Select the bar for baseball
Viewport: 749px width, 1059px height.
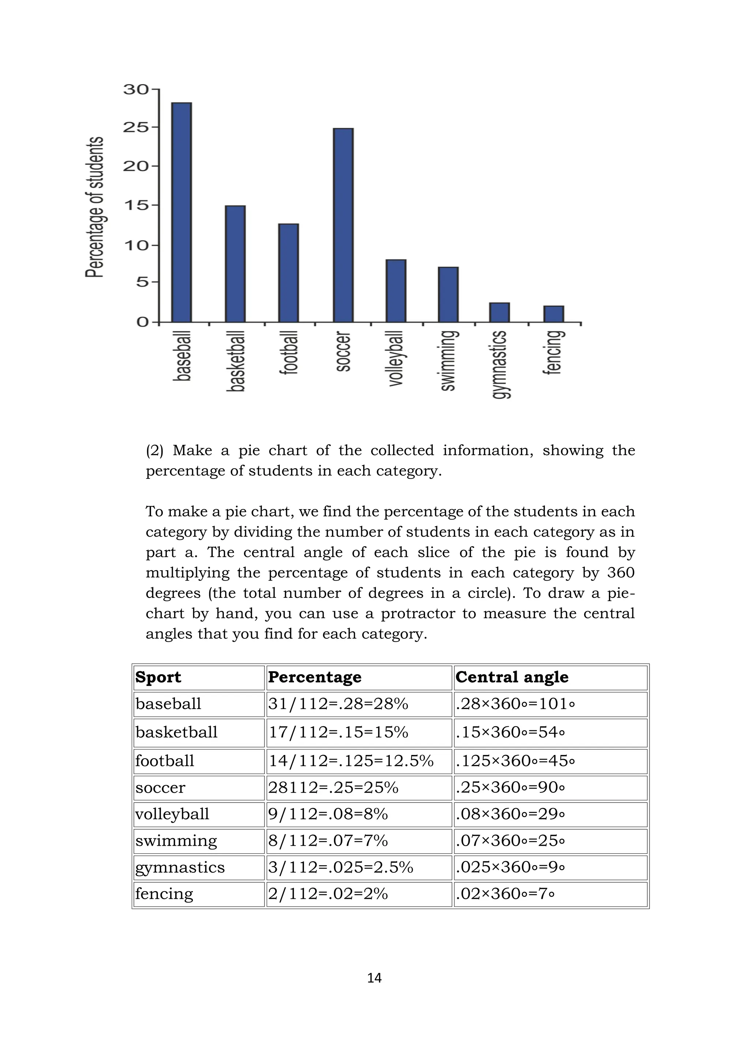[x=181, y=212]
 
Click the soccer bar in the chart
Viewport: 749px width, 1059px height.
[x=343, y=225]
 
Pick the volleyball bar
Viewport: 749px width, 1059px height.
[x=396, y=290]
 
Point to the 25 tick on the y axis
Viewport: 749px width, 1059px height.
[x=136, y=127]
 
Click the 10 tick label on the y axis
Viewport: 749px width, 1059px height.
[x=136, y=245]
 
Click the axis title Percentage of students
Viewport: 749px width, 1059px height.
[x=95, y=207]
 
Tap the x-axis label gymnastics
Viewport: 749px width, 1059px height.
[x=500, y=364]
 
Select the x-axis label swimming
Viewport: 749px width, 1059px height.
[x=449, y=361]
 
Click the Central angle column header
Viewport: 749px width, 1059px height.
[x=512, y=677]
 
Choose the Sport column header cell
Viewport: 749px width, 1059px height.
[x=158, y=677]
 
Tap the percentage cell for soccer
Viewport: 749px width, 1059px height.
[x=333, y=787]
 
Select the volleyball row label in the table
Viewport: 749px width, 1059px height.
[x=172, y=814]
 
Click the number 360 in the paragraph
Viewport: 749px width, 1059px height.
[x=620, y=573]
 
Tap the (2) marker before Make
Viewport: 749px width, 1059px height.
[x=154, y=450]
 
